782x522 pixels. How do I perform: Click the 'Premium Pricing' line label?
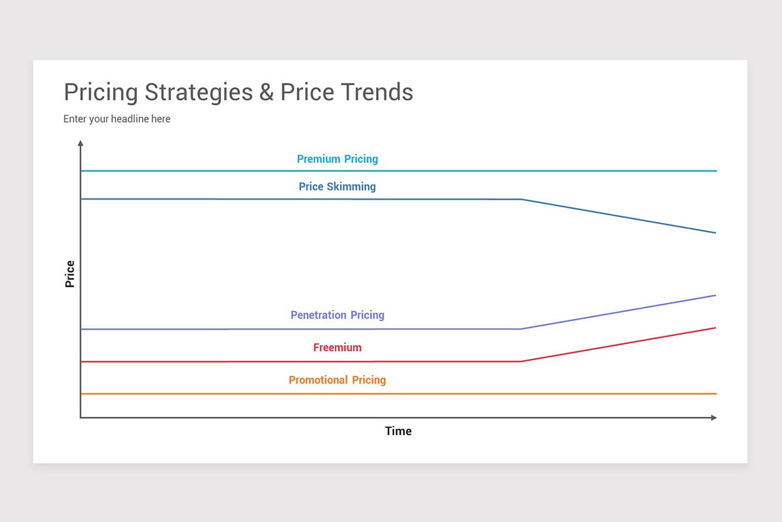click(337, 159)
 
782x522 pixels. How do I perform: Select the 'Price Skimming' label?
click(337, 187)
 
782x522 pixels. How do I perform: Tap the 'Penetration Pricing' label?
click(337, 315)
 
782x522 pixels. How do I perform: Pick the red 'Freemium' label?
click(337, 348)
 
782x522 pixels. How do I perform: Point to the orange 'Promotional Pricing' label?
click(337, 380)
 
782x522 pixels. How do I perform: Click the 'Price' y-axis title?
click(70, 274)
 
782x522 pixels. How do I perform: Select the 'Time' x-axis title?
click(398, 431)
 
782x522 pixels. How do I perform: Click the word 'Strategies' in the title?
click(198, 92)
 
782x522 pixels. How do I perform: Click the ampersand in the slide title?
click(266, 92)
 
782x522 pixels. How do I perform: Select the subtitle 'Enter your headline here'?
click(117, 119)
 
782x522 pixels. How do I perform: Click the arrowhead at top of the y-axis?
click(80, 142)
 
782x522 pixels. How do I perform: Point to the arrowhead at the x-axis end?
click(714, 418)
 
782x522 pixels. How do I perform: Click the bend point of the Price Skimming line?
click(521, 200)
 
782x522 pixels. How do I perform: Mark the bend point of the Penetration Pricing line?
click(521, 329)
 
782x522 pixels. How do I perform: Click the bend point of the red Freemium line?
click(521, 361)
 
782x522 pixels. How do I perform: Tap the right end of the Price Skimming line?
click(715, 233)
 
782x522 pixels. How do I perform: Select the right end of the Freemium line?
click(715, 328)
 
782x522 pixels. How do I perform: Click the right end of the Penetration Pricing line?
click(715, 296)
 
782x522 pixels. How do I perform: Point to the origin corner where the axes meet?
click(80, 418)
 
